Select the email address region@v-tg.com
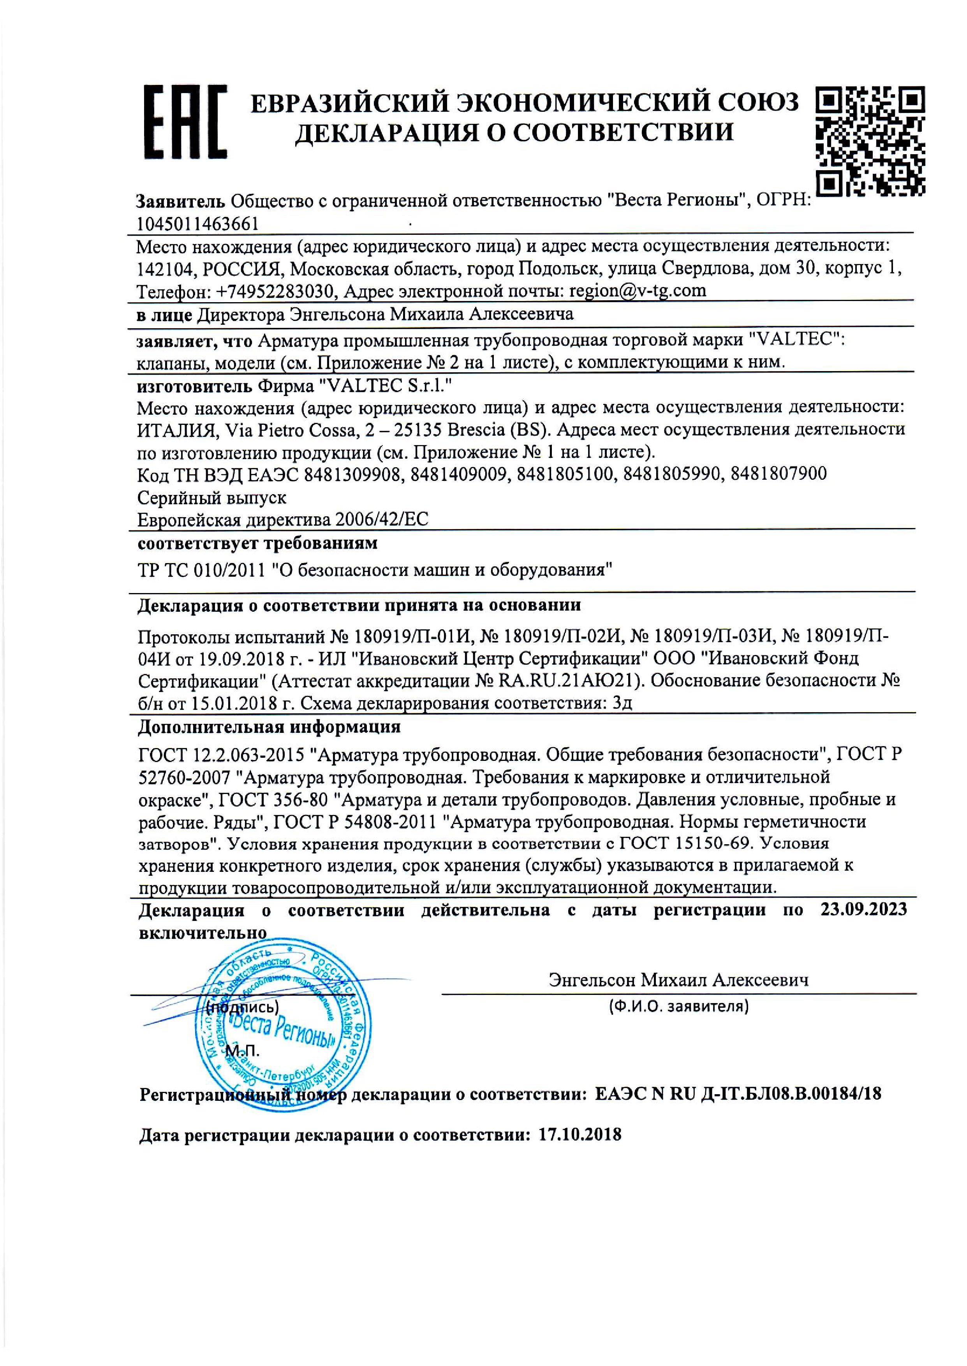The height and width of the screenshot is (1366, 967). tap(638, 290)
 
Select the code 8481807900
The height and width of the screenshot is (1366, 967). tap(778, 474)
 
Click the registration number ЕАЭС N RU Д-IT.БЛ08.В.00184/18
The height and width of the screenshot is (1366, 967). tap(738, 1093)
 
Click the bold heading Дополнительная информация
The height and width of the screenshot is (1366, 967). tap(269, 727)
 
